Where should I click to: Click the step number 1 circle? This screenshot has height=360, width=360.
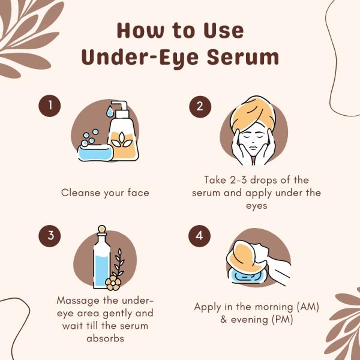tap(50, 106)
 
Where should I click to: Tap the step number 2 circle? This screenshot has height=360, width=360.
tap(200, 107)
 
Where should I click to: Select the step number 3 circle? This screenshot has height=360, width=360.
tap(50, 236)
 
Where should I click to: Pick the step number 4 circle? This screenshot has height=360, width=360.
tap(200, 236)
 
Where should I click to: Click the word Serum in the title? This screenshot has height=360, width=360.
tap(242, 57)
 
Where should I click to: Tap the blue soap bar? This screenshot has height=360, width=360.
tap(95, 152)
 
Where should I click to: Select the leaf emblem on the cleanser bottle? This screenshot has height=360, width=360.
tap(122, 140)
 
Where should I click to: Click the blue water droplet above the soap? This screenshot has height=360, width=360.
tap(110, 112)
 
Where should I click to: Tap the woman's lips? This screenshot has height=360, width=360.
tap(253, 147)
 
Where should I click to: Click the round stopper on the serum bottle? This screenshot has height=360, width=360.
tap(102, 229)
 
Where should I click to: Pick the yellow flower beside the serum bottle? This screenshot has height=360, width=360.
tap(113, 283)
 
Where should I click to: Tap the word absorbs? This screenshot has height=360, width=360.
tap(106, 338)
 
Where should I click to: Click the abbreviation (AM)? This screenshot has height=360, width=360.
tap(308, 307)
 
